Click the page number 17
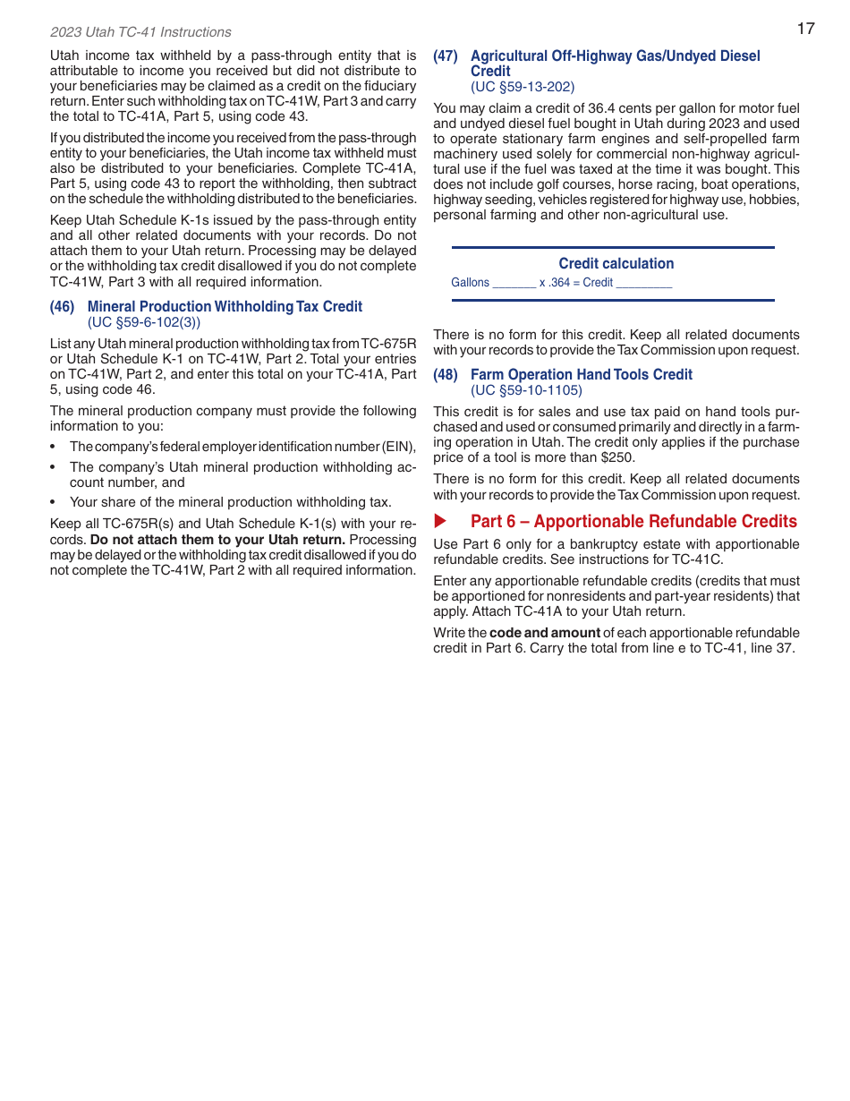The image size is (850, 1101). [805, 29]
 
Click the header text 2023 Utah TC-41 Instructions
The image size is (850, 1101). [140, 32]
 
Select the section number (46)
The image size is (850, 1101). [63, 307]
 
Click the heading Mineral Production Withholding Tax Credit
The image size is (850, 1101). [225, 307]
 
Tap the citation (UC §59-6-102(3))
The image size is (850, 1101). [144, 322]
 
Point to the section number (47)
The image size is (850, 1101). [446, 56]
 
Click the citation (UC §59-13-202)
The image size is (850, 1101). [523, 87]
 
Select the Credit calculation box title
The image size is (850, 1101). [616, 263]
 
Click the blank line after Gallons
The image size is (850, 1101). [514, 283]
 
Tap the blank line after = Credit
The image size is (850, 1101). [644, 283]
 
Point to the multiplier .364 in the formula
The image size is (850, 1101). [559, 283]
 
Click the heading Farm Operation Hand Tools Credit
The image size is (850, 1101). [582, 375]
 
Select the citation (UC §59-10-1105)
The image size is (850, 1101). [526, 390]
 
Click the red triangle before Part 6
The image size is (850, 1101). [440, 521]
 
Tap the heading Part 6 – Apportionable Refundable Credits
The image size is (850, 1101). [633, 521]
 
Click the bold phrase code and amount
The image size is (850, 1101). [545, 633]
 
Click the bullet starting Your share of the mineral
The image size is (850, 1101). [230, 502]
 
